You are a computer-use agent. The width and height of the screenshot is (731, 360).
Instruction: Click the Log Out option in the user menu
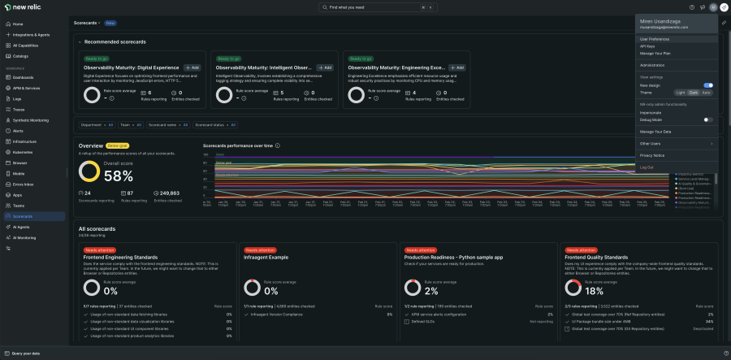point(647,167)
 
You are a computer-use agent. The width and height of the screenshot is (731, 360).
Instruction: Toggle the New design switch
point(708,85)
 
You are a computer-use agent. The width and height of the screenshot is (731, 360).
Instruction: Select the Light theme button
point(681,93)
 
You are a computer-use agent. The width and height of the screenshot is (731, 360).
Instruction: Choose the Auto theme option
point(707,93)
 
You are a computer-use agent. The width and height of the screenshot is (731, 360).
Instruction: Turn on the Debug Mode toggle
point(708,119)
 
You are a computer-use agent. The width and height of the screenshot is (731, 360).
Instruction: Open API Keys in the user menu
point(647,46)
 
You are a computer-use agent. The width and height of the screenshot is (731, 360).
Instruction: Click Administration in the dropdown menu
point(652,65)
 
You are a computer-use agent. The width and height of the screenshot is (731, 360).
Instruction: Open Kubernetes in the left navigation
point(23,152)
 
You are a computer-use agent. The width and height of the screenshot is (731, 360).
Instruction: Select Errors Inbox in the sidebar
point(24,184)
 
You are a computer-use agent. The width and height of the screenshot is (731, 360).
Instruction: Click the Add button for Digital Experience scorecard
point(192,67)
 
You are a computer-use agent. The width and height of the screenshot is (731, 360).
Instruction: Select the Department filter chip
point(97,125)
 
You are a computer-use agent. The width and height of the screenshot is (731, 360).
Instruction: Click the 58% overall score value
point(119,176)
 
